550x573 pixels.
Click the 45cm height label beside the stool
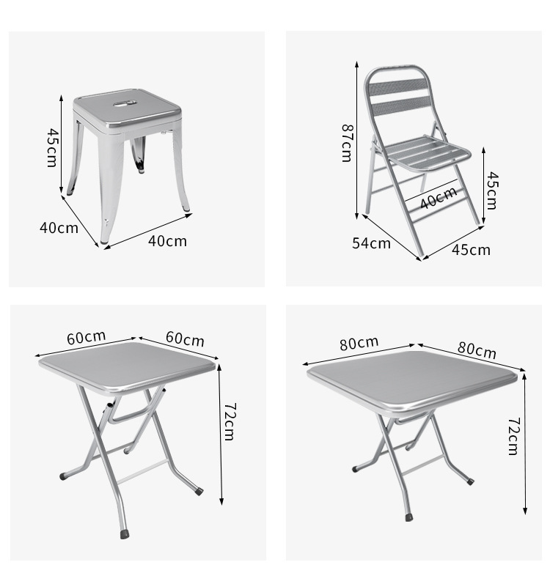[52, 147]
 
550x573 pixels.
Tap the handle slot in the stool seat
[125, 104]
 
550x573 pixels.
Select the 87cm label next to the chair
[347, 143]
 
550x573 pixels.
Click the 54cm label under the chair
[371, 243]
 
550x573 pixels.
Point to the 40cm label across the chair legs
[439, 198]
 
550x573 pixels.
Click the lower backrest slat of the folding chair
[400, 106]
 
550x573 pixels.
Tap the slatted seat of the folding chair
[427, 154]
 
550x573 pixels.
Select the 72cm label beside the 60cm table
[230, 422]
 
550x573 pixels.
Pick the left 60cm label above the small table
[87, 337]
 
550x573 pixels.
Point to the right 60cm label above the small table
[185, 339]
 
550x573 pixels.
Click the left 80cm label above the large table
[359, 343]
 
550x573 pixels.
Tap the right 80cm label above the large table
[477, 350]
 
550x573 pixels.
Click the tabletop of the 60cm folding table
[127, 367]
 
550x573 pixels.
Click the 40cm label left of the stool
[59, 228]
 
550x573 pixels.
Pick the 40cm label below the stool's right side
[167, 241]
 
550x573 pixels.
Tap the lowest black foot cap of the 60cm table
[125, 534]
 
